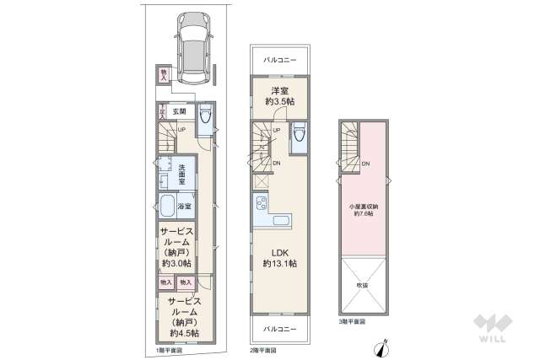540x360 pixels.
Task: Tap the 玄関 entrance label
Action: pos(179,110)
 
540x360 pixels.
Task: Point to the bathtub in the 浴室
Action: pos(167,207)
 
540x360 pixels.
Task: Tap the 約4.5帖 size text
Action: pos(182,333)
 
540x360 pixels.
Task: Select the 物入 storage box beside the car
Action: pos(164,75)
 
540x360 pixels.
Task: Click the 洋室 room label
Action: pos(280,90)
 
